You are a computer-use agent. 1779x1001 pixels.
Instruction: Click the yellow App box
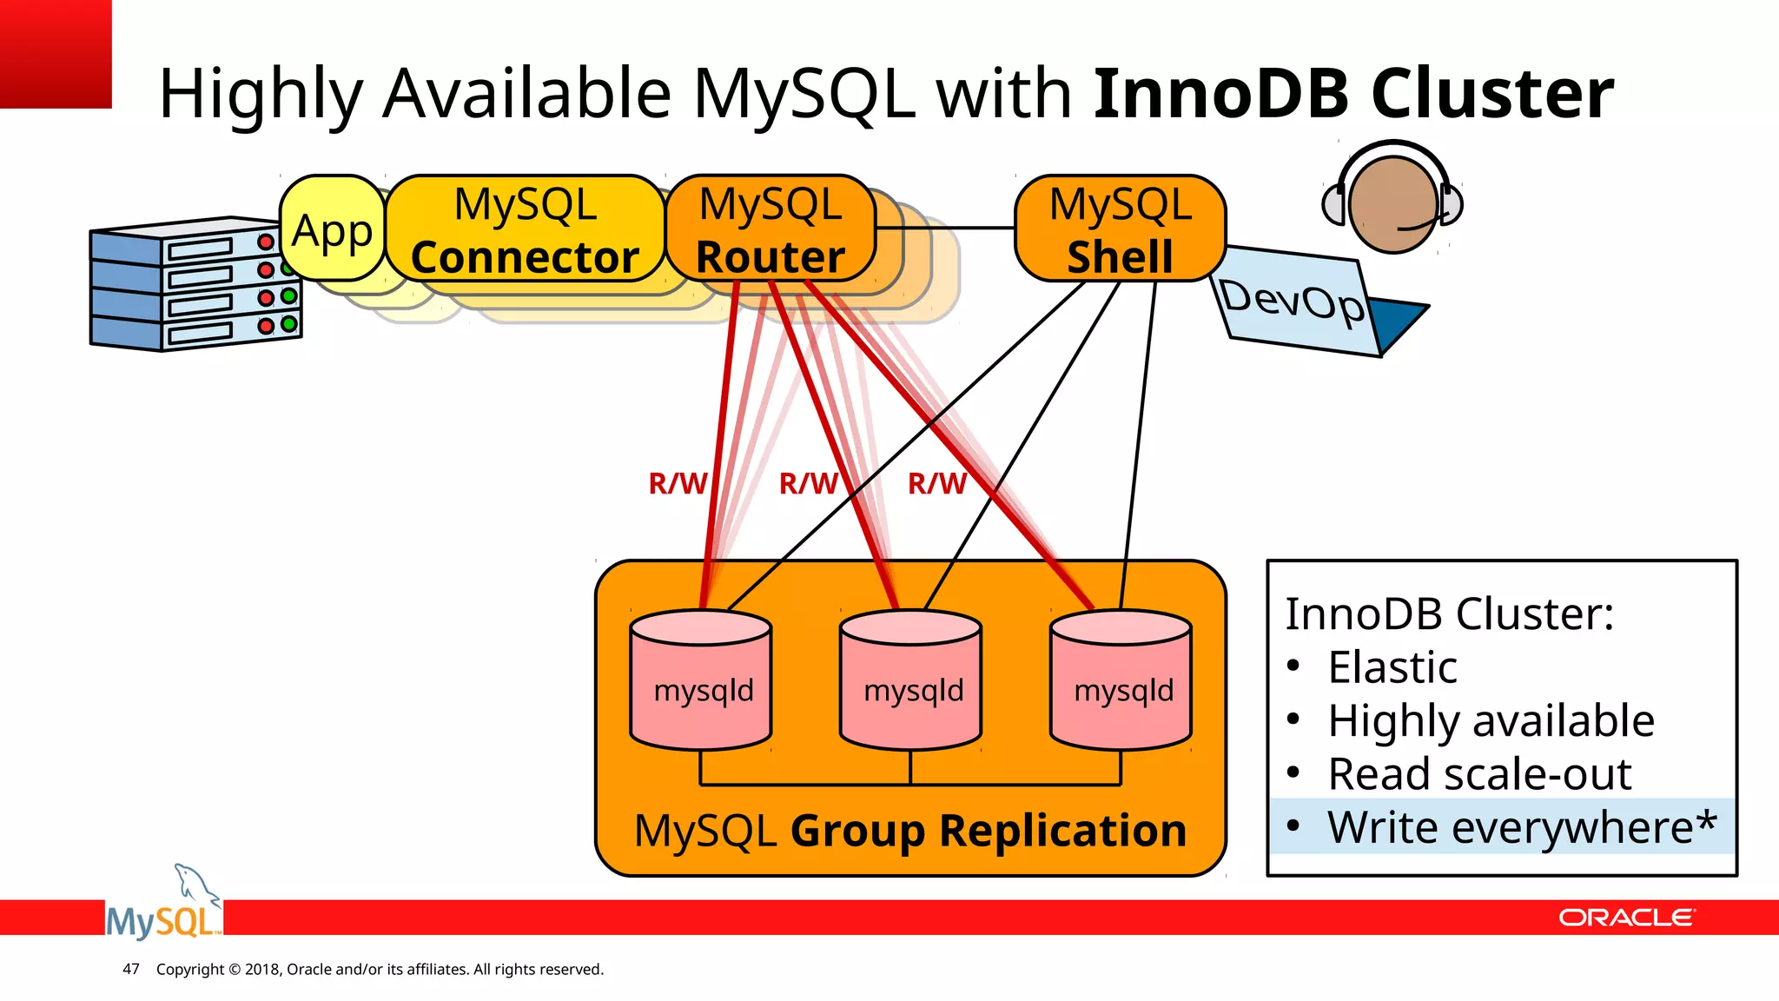[x=332, y=230]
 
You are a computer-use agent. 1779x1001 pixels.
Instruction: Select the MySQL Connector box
[x=525, y=230]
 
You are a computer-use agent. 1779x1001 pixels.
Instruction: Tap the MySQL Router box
[x=770, y=230]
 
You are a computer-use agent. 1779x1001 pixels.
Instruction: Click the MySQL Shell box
[x=1120, y=230]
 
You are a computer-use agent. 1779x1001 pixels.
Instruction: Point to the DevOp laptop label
[x=1293, y=302]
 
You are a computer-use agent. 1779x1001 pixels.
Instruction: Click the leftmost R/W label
[x=677, y=484]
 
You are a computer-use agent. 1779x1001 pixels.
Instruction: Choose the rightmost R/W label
[x=936, y=484]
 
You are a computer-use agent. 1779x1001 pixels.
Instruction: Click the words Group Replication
[x=988, y=831]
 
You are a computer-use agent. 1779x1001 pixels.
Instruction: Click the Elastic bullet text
[x=1392, y=668]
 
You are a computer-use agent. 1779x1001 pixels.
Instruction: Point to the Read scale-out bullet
[x=1478, y=774]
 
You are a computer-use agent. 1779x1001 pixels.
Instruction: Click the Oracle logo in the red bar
[x=1625, y=918]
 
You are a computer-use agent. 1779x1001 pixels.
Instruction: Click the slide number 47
[x=131, y=969]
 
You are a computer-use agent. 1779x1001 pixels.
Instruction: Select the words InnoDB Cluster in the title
[x=1352, y=94]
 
